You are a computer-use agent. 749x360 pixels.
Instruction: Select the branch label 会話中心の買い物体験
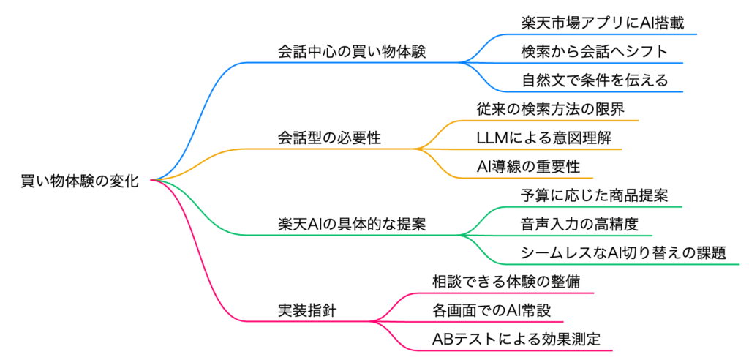point(350,53)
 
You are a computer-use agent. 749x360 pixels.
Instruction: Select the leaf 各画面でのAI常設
point(489,310)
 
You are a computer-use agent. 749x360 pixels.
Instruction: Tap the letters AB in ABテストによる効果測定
point(443,339)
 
